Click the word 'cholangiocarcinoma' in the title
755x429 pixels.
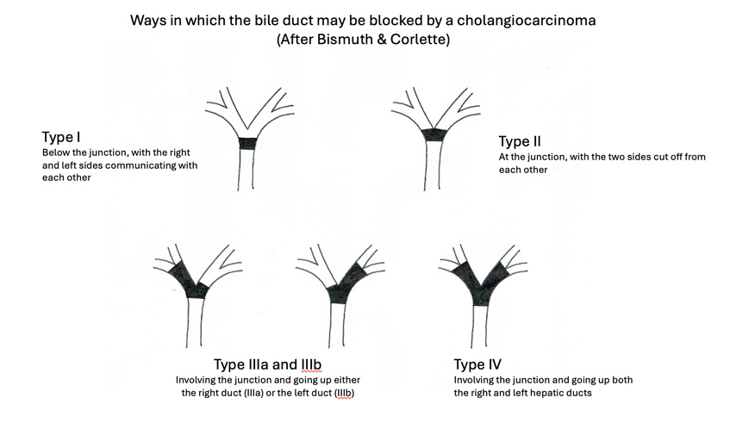click(x=527, y=21)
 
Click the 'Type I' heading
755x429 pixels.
click(x=61, y=137)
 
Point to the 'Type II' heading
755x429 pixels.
click(x=520, y=141)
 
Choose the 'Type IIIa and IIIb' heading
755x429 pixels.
click(x=267, y=364)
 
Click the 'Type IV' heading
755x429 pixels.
click(x=477, y=364)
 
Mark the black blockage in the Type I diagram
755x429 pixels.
click(x=247, y=144)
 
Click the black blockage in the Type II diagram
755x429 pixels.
click(x=434, y=134)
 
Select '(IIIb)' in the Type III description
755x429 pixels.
click(x=344, y=393)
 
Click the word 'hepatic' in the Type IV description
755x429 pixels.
click(x=548, y=393)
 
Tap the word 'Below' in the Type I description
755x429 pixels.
click(x=55, y=152)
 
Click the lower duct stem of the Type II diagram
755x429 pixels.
click(x=433, y=166)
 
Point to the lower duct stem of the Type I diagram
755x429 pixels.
click(x=246, y=170)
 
